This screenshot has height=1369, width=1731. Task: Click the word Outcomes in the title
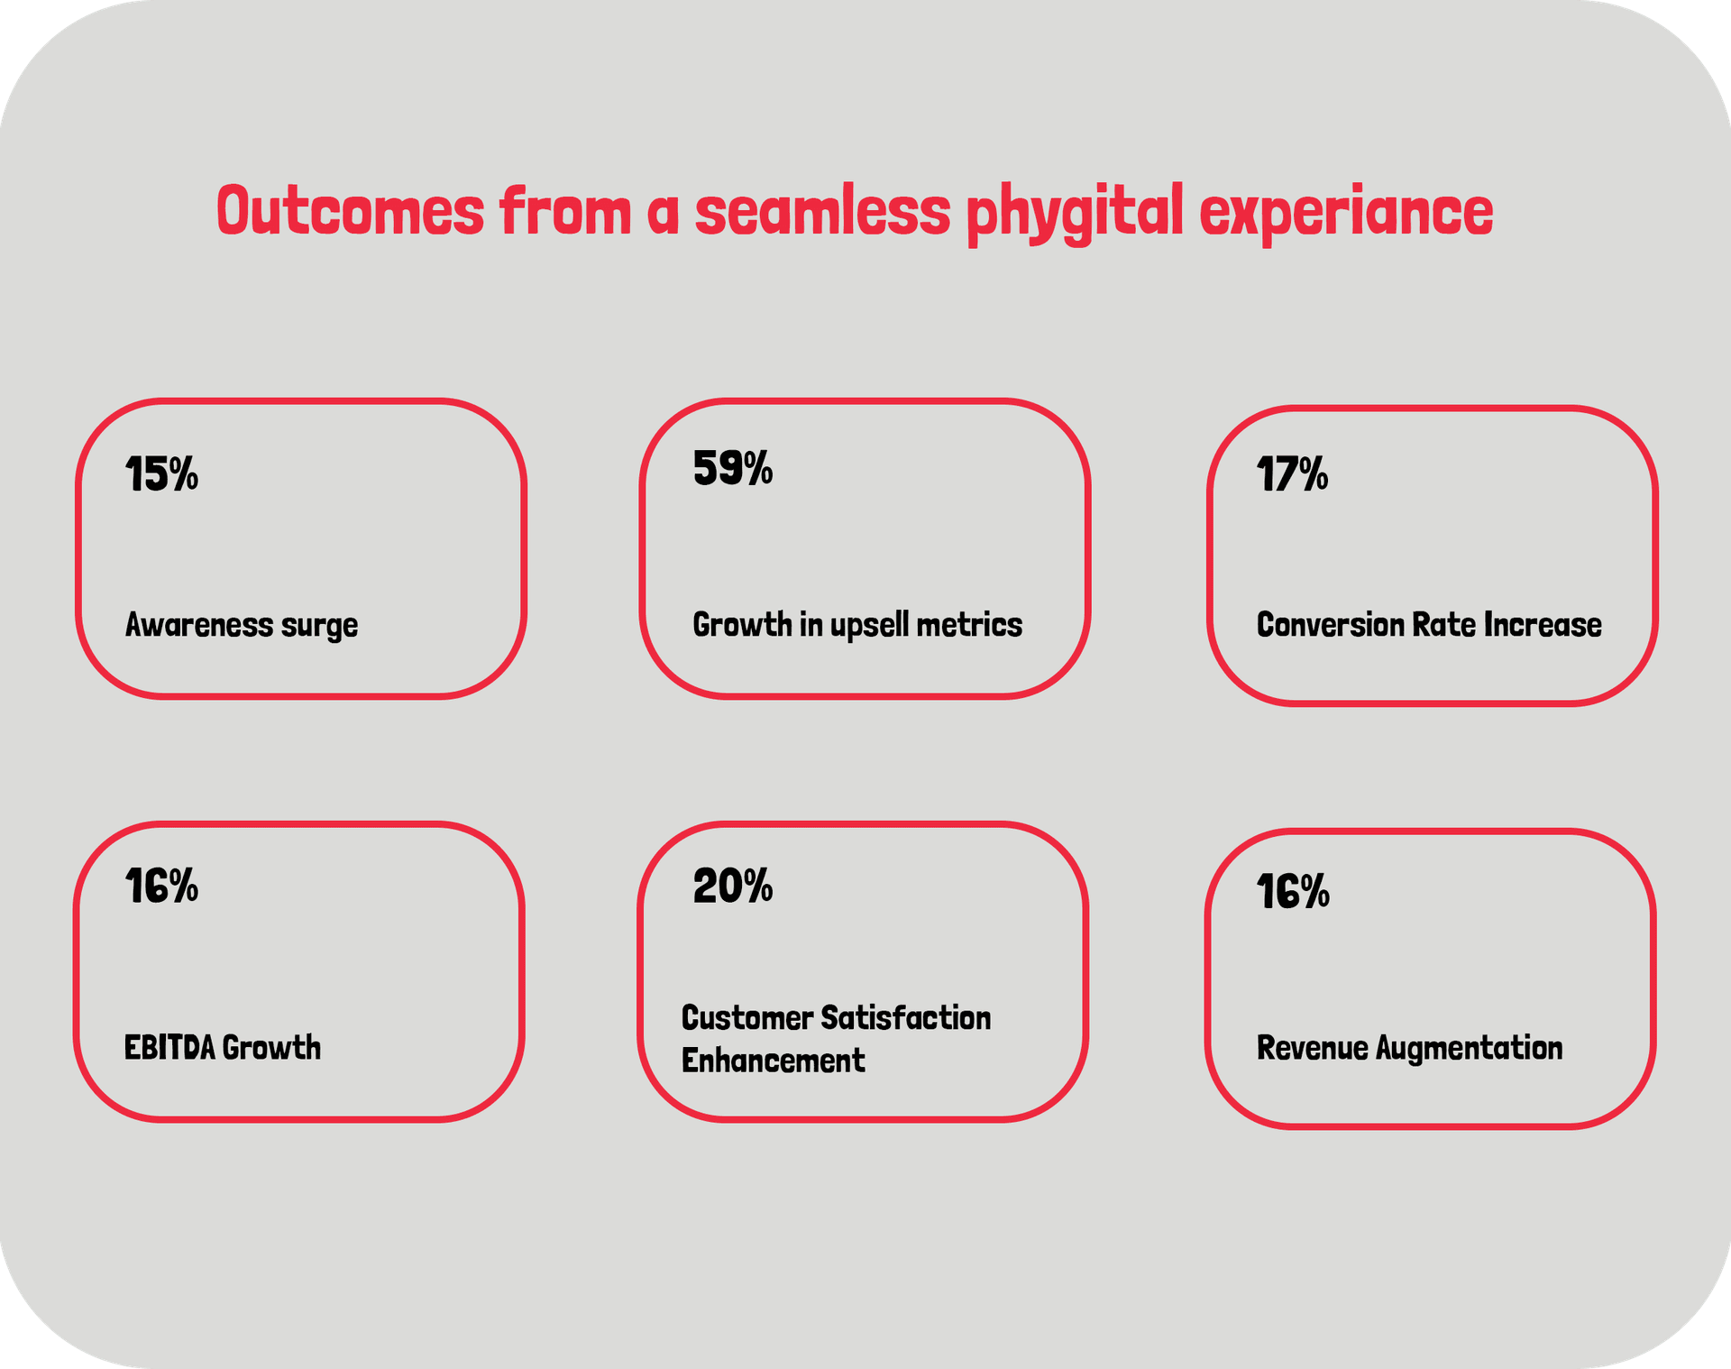click(x=351, y=211)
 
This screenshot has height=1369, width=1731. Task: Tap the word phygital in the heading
click(x=1075, y=214)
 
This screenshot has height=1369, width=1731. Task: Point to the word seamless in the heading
click(x=822, y=210)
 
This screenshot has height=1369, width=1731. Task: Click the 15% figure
click(x=161, y=473)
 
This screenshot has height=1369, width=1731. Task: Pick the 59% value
click(x=733, y=468)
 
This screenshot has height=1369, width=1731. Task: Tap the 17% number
click(x=1293, y=473)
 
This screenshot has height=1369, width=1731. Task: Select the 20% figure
click(x=733, y=886)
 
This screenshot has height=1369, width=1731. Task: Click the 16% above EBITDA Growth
click(x=161, y=886)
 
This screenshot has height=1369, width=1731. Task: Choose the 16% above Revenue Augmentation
click(x=1293, y=891)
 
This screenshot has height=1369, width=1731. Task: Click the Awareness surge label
click(x=242, y=625)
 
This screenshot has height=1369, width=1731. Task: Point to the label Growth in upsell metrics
click(x=857, y=625)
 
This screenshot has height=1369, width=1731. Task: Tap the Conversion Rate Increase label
click(x=1429, y=624)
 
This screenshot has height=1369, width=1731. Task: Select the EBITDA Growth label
click(x=223, y=1047)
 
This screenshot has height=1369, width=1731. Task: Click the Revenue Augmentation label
click(x=1410, y=1048)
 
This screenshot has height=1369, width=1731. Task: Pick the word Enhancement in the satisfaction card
click(x=774, y=1061)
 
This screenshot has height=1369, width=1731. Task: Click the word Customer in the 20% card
click(x=747, y=1017)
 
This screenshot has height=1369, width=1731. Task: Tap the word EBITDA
click(x=169, y=1047)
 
